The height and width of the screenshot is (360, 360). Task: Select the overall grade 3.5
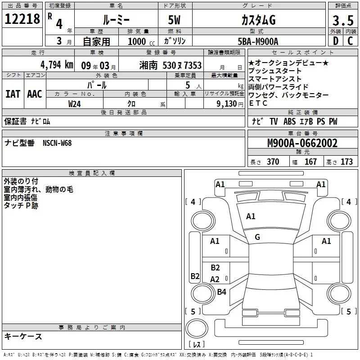pyautogui.click(x=342, y=21)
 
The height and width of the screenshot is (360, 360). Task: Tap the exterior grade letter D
pyautogui.click(x=335, y=41)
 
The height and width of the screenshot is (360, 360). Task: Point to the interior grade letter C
pyautogui.click(x=350, y=41)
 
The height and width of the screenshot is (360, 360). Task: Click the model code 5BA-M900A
pyautogui.click(x=258, y=41)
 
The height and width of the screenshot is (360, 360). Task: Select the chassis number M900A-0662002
pyautogui.click(x=302, y=144)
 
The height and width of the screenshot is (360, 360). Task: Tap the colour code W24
pyautogui.click(x=75, y=103)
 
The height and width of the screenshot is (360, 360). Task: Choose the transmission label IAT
pyautogui.click(x=13, y=94)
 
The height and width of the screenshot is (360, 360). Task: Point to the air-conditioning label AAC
pyautogui.click(x=34, y=94)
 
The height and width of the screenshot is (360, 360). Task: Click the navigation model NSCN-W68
pyautogui.click(x=57, y=143)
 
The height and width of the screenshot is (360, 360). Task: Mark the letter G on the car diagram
pyautogui.click(x=257, y=237)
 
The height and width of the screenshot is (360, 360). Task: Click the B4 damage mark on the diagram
pyautogui.click(x=221, y=292)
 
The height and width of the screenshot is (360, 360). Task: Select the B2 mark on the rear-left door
pyautogui.click(x=215, y=268)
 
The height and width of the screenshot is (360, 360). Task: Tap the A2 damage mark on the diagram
pyautogui.click(x=215, y=279)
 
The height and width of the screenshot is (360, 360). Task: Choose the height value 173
pyautogui.click(x=346, y=162)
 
